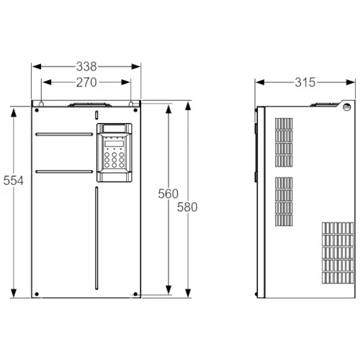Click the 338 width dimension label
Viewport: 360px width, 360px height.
pos(86,66)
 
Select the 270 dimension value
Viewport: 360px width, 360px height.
pos(86,82)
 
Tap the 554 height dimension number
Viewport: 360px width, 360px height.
pos(14,181)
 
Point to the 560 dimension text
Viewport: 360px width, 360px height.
pos(168,194)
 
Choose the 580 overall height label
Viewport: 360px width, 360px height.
pos(187,207)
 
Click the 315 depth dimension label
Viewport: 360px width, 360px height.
pos(305,82)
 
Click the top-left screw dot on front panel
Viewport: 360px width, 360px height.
pos(37,110)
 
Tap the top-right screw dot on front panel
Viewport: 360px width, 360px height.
pos(135,110)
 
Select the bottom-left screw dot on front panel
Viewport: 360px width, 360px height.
pos(37,294)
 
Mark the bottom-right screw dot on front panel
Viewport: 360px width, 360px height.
pos(135,294)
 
